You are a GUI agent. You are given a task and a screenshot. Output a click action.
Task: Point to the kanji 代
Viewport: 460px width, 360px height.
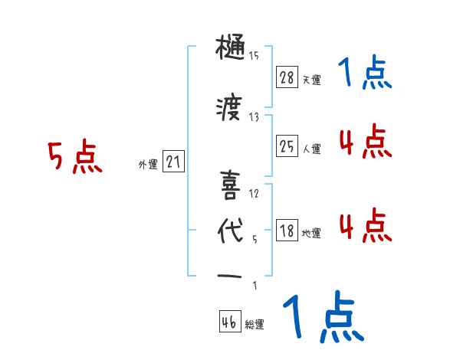tap(230, 231)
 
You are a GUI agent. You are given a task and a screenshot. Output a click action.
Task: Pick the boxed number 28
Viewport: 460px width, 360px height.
tap(287, 77)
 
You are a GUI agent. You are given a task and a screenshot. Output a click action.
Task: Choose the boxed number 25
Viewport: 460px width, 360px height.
tap(287, 146)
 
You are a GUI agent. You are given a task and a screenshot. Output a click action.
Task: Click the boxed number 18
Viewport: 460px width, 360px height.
tap(287, 231)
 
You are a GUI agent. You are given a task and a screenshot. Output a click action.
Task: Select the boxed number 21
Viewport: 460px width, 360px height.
tap(173, 162)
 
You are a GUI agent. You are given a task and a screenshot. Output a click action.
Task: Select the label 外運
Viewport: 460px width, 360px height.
tap(147, 165)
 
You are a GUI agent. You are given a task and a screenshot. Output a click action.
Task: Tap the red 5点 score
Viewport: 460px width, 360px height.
tap(75, 159)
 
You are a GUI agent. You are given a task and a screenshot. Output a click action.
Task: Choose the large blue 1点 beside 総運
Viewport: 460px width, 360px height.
tap(323, 318)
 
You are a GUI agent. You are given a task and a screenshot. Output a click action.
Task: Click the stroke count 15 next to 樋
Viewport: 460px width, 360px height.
tap(254, 55)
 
